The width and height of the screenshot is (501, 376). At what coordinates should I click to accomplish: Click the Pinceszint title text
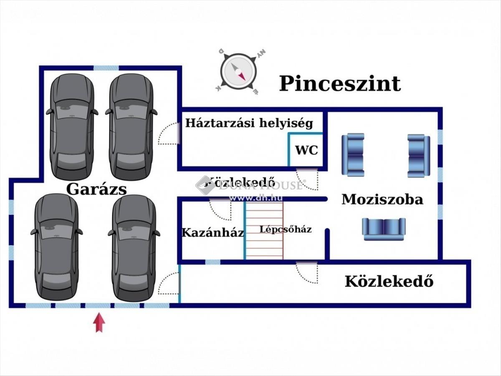[x=339, y=83]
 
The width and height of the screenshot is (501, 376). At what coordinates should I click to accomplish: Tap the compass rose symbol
[x=238, y=71]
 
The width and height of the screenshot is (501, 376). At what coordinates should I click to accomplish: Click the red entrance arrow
[x=99, y=323]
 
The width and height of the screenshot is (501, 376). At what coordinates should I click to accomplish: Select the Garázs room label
[x=96, y=189]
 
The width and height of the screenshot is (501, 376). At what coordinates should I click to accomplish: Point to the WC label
[x=306, y=150]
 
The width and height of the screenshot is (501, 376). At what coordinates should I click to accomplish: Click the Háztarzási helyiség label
[x=249, y=123]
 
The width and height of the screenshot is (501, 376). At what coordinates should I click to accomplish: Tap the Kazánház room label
[x=213, y=232]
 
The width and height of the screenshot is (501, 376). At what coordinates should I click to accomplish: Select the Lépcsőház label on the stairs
[x=285, y=229]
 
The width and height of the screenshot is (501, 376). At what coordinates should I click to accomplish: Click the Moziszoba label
[x=382, y=199]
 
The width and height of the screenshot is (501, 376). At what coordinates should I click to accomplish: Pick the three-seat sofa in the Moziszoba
[x=384, y=229]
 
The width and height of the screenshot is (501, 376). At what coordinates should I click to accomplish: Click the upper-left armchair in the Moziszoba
[x=353, y=154]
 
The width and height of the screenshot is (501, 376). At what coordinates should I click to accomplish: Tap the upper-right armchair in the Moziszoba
[x=418, y=155]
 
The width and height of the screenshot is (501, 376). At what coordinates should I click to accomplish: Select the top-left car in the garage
[x=72, y=126]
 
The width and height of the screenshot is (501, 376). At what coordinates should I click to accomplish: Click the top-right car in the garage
[x=131, y=126]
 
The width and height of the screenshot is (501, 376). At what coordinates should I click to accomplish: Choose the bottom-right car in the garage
[x=134, y=247]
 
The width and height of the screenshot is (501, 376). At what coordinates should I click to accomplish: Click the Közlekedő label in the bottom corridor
[x=389, y=282]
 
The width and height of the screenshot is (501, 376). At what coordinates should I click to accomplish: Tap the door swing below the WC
[x=308, y=179]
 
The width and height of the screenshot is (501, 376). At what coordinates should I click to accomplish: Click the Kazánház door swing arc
[x=220, y=209]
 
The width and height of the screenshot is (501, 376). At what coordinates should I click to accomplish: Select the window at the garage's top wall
[x=106, y=68]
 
